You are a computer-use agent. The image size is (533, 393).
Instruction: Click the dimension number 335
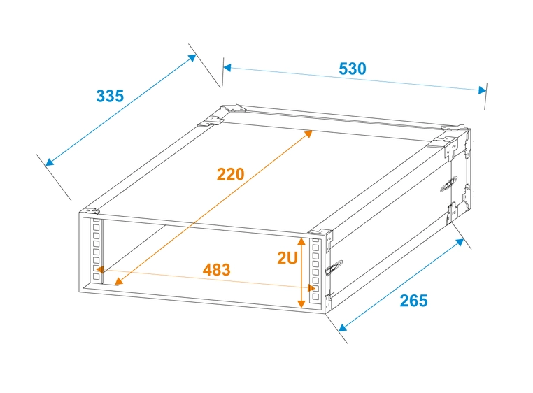(x=110, y=96)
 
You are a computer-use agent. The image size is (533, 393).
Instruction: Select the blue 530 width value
(x=353, y=69)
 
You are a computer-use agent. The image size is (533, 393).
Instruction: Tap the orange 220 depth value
(x=230, y=174)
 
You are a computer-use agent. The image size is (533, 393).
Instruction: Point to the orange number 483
(x=216, y=269)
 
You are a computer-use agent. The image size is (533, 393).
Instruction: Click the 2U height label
(x=287, y=258)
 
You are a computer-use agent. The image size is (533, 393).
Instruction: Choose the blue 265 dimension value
(x=413, y=301)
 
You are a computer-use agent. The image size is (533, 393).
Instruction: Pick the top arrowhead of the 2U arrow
(x=302, y=242)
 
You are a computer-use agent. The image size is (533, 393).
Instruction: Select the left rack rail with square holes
(x=97, y=251)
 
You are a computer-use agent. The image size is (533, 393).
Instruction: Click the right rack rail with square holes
(x=315, y=270)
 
